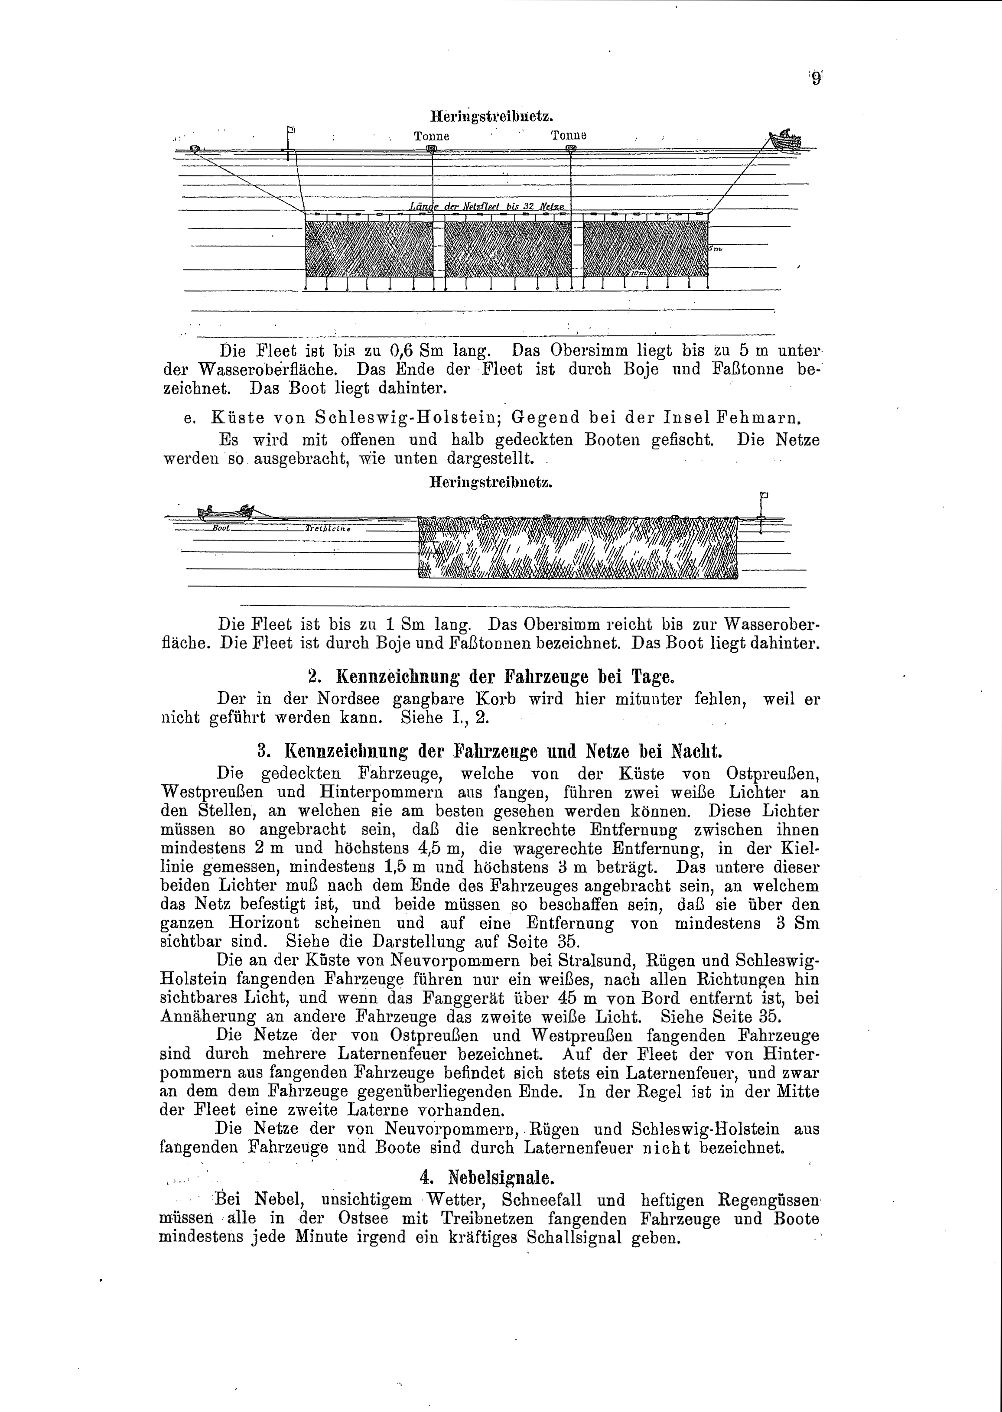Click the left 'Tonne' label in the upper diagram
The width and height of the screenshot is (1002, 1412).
(431, 136)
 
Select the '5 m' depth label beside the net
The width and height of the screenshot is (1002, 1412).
(715, 249)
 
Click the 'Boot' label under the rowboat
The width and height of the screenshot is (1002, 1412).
(221, 528)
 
